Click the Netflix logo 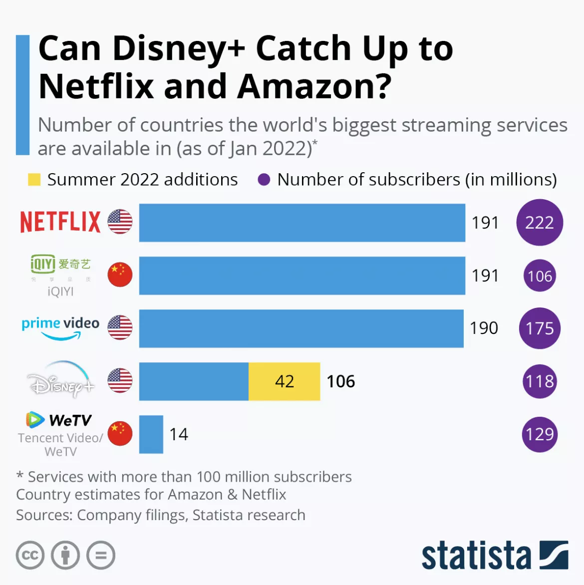[60, 222]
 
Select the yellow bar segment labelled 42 [284, 381]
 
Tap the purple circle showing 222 [540, 223]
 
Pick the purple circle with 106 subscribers [540, 276]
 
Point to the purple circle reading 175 [540, 328]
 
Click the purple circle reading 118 [540, 381]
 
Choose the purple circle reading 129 [540, 434]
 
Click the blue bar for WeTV [151, 434]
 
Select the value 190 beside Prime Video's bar [484, 328]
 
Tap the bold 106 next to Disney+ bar [341, 381]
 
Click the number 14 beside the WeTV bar [179, 434]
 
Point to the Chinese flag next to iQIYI [120, 275]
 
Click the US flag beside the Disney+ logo [120, 381]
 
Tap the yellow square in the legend [34, 180]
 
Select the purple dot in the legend [264, 180]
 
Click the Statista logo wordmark [476, 556]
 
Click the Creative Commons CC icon [30, 555]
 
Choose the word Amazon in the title [314, 86]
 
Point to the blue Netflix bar [302, 223]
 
